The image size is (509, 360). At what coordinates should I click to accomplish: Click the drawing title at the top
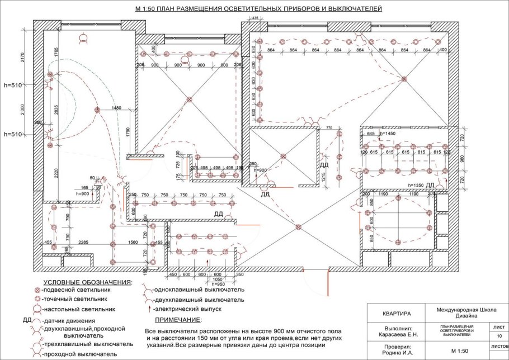(x=258, y=10)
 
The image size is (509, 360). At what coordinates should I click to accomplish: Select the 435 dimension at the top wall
(x=254, y=18)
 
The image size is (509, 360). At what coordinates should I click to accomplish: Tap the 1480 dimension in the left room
(x=116, y=107)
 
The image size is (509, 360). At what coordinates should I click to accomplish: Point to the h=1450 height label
(x=388, y=134)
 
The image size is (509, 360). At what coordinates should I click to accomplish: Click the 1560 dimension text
(x=134, y=242)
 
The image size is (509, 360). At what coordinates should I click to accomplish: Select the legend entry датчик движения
(x=68, y=320)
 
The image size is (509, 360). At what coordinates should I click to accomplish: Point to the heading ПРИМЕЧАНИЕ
(x=177, y=320)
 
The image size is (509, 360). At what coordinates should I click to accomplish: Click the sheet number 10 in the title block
(x=499, y=335)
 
